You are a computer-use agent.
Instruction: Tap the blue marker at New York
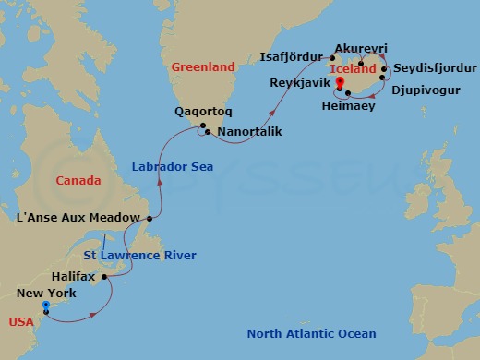45,306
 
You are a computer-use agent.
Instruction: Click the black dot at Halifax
104,276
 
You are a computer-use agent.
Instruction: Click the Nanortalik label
249,132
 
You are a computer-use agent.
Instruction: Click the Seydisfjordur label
435,69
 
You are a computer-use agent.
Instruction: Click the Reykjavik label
300,82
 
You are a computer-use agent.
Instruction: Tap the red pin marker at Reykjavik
340,84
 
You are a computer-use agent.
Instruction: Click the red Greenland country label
203,66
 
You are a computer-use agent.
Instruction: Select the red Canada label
78,180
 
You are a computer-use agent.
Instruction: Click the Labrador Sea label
173,167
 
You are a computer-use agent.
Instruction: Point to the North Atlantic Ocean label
312,333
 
